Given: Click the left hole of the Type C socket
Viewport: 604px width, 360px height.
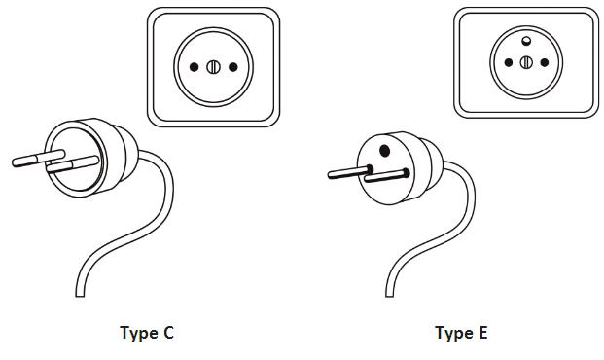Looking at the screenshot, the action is pyautogui.click(x=195, y=67).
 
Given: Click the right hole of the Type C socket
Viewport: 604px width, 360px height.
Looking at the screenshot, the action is pyautogui.click(x=233, y=67).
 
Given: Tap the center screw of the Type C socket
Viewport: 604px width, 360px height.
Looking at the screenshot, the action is pyautogui.click(x=213, y=67).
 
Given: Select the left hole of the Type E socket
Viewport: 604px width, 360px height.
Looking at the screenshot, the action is pyautogui.click(x=509, y=62).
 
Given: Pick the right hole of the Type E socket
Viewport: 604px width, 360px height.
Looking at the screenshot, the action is pyautogui.click(x=545, y=62).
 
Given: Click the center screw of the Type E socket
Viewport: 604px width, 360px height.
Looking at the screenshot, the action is pyautogui.click(x=526, y=62).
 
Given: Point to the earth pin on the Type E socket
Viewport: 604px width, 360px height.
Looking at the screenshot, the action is pyautogui.click(x=526, y=41).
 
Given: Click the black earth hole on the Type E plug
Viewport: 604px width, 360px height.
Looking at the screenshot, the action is pyautogui.click(x=384, y=150).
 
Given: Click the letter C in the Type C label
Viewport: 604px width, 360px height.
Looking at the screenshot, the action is pyautogui.click(x=168, y=332).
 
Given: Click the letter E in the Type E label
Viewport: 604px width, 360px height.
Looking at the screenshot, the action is pyautogui.click(x=483, y=332).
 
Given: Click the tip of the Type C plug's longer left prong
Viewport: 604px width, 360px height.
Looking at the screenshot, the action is pyautogui.click(x=14, y=162).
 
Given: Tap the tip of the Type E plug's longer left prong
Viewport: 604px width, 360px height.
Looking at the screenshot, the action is pyautogui.click(x=330, y=175).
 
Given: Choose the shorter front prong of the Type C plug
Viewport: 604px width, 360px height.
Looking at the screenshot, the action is pyautogui.click(x=72, y=164).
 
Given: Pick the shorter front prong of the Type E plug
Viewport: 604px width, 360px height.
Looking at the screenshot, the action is pyautogui.click(x=386, y=176).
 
